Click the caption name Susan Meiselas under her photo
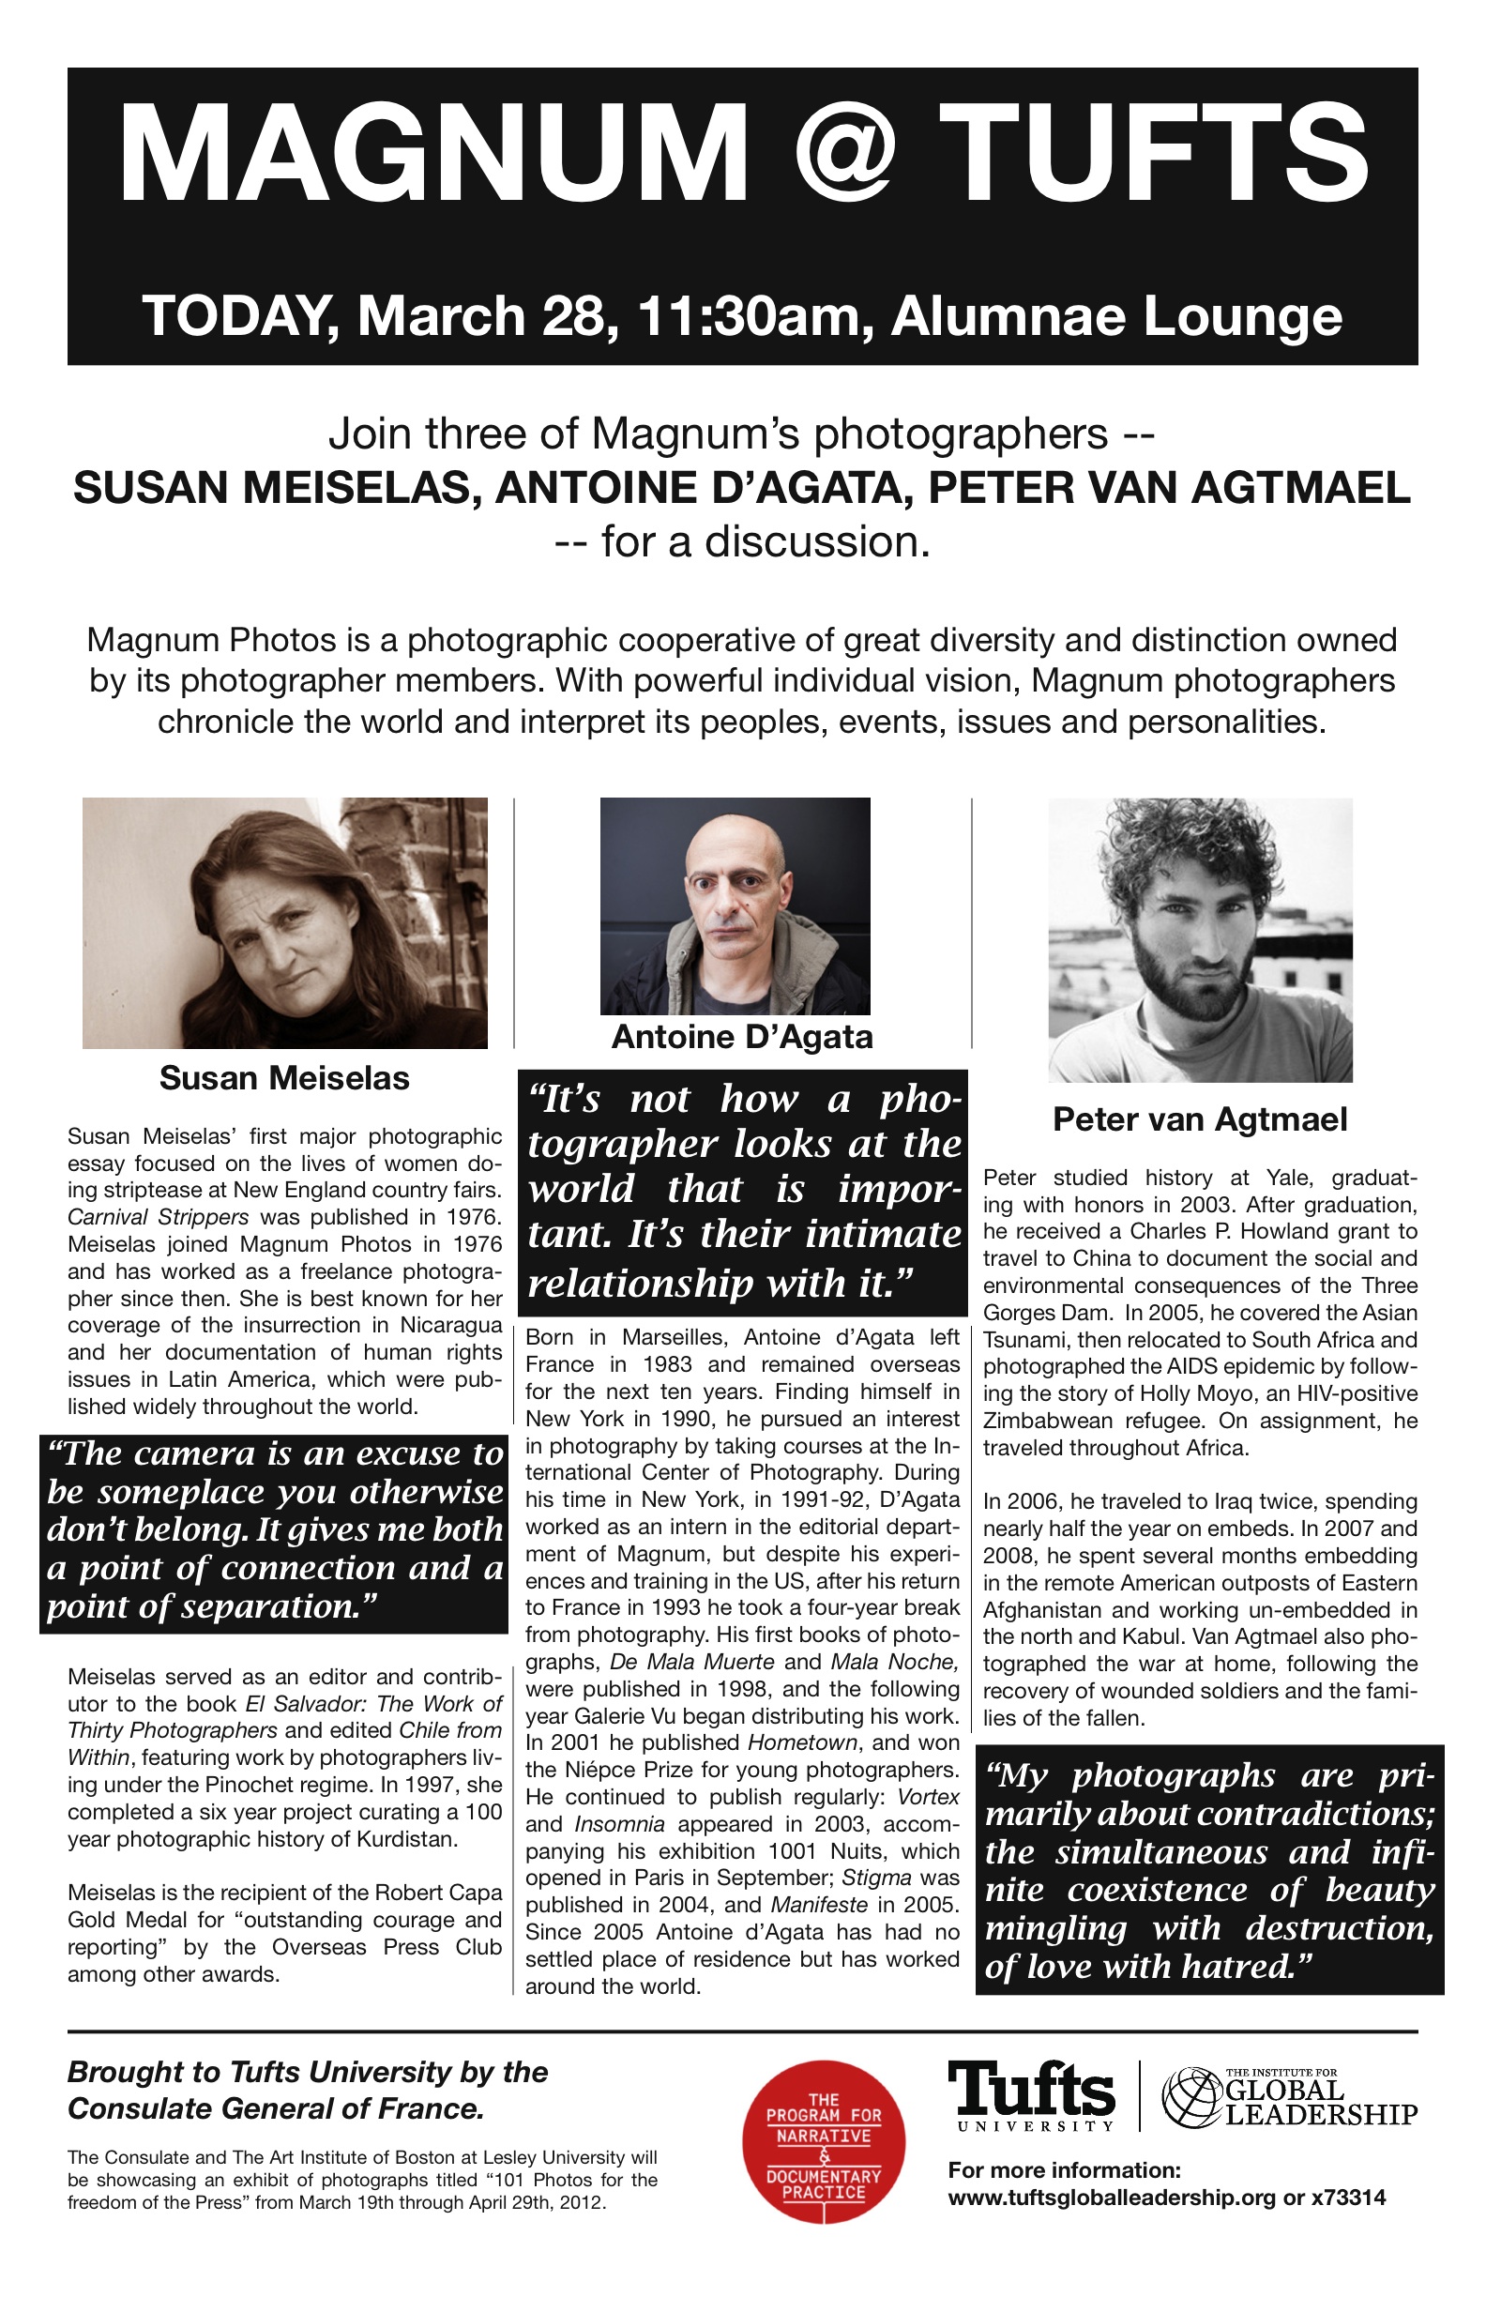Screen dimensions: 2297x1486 coord(284,1078)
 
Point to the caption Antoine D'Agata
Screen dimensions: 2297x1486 coord(742,1038)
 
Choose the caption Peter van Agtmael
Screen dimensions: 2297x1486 coord(1200,1119)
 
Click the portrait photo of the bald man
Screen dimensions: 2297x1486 coord(735,905)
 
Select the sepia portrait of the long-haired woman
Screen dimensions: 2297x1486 coord(284,922)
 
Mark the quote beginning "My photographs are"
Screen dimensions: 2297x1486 coord(1209,1869)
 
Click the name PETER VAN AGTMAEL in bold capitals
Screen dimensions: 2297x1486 coord(1170,488)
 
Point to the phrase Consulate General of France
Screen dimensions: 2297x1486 coord(275,2108)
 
